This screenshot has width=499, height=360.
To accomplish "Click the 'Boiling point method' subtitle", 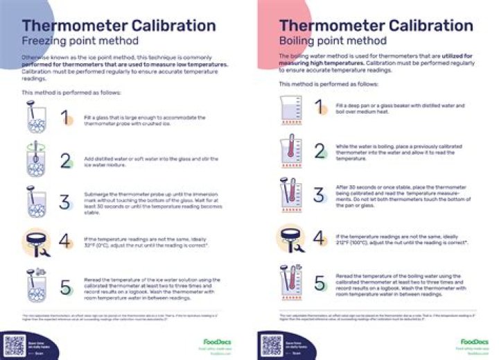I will coord(325,40).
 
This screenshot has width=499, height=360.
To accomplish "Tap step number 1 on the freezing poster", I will coord(64,117).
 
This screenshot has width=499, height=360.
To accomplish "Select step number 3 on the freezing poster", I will coord(64,202).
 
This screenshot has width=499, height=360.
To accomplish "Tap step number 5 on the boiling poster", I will coord(319,283).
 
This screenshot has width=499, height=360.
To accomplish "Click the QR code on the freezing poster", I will coord(15,345).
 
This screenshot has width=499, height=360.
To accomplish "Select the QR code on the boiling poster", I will coord(271,345).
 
